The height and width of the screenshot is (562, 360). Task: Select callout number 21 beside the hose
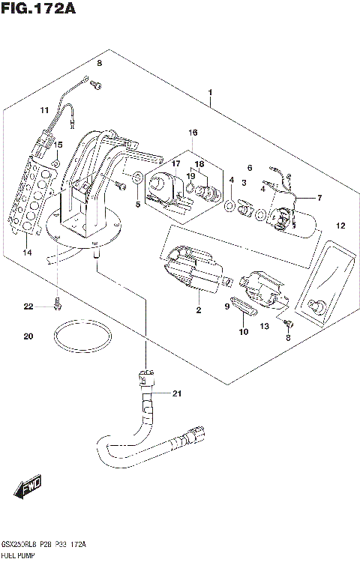pyautogui.click(x=177, y=393)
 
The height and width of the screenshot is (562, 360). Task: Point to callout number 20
pyautogui.click(x=28, y=336)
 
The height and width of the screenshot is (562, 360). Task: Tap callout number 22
pyautogui.click(x=28, y=306)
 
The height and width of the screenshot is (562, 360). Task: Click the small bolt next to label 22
pyautogui.click(x=58, y=304)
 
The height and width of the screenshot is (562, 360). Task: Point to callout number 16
pyautogui.click(x=193, y=133)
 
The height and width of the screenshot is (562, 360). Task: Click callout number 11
pyautogui.click(x=44, y=110)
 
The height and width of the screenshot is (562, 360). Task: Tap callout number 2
pyautogui.click(x=199, y=309)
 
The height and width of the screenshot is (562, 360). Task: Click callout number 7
pyautogui.click(x=319, y=198)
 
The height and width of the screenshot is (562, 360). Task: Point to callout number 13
pyautogui.click(x=263, y=326)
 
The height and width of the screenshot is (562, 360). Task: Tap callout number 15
pyautogui.click(x=58, y=145)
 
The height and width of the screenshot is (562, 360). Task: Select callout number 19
pyautogui.click(x=191, y=175)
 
